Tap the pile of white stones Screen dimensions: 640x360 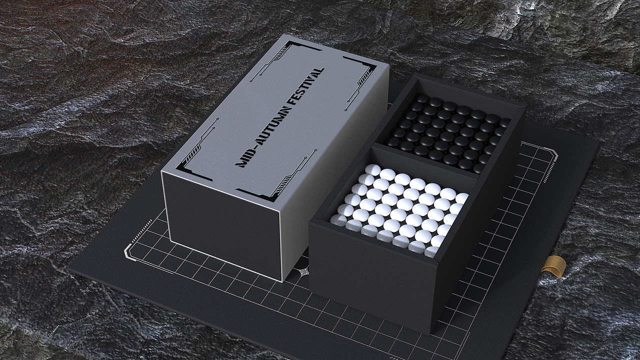tap(400, 210)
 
